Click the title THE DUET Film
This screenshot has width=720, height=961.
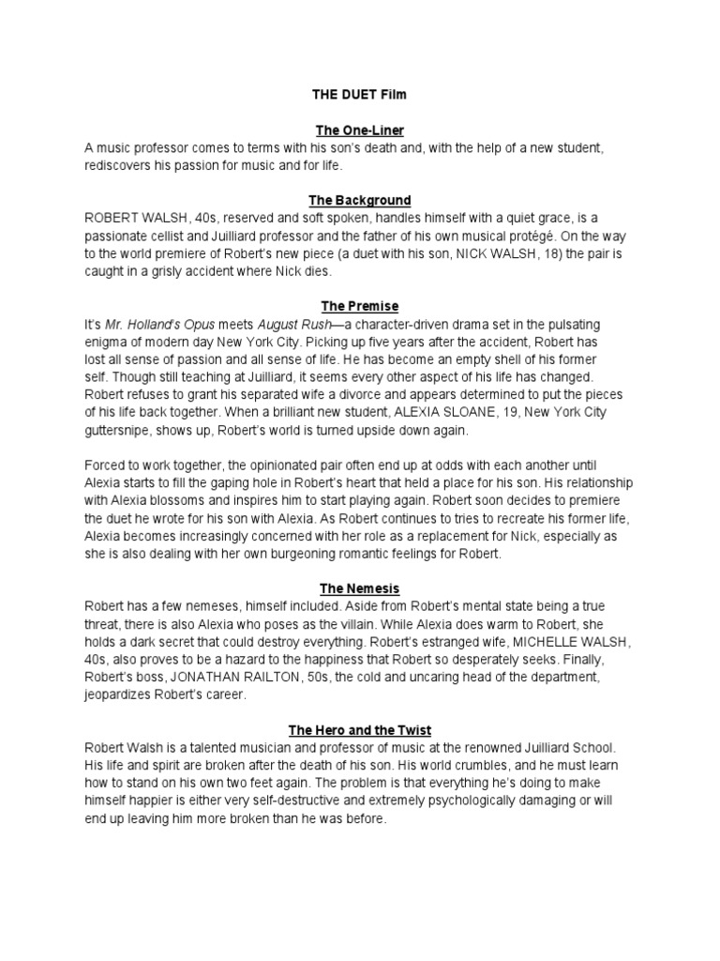coord(360,95)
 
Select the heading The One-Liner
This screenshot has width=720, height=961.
coord(360,130)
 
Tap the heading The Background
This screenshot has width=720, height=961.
coord(360,200)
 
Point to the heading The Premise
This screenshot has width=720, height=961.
coord(360,306)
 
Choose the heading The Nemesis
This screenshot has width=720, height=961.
coord(360,588)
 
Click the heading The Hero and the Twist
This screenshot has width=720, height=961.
coord(360,729)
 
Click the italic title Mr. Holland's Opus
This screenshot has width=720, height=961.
coord(156,325)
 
